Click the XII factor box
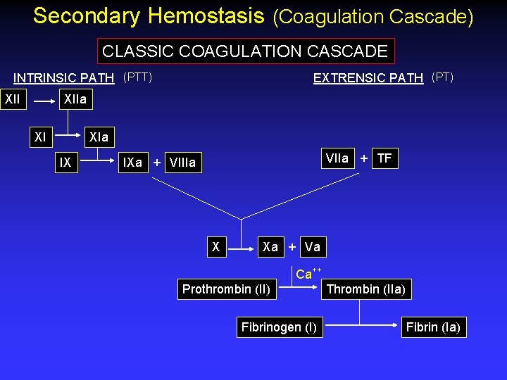(13, 99)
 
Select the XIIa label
(75, 99)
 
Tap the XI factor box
(41, 137)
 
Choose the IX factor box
(65, 163)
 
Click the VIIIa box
(183, 163)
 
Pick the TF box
(384, 158)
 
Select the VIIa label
(337, 158)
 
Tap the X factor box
(216, 247)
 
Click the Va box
(313, 247)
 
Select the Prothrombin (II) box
(226, 289)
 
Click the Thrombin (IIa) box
(365, 289)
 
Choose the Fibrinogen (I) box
(279, 327)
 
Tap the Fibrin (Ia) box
(432, 327)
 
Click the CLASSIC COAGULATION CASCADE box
(245, 51)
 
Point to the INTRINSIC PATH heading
(64, 78)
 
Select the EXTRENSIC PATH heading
(368, 78)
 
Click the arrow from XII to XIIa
(44, 101)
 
